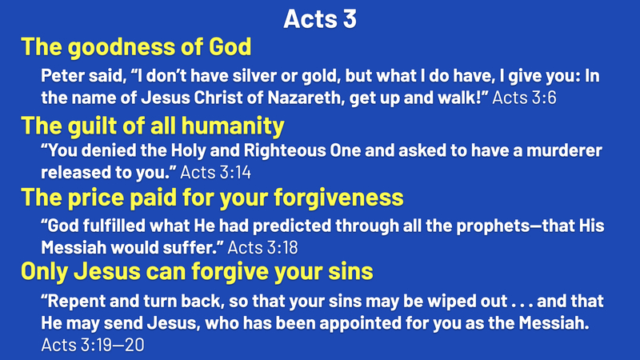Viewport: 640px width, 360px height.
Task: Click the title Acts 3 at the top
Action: [320, 18]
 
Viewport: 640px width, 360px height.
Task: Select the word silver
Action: [252, 75]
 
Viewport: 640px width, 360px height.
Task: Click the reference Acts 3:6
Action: [524, 98]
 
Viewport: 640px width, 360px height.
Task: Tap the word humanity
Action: [233, 126]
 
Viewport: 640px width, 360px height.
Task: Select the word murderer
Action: [564, 150]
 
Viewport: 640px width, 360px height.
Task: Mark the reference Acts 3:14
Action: [215, 172]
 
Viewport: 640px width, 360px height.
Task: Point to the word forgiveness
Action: [338, 198]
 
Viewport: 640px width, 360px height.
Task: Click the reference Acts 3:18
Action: [262, 247]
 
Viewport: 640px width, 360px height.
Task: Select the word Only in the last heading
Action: [44, 272]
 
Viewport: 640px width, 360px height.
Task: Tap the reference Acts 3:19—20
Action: [93, 345]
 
